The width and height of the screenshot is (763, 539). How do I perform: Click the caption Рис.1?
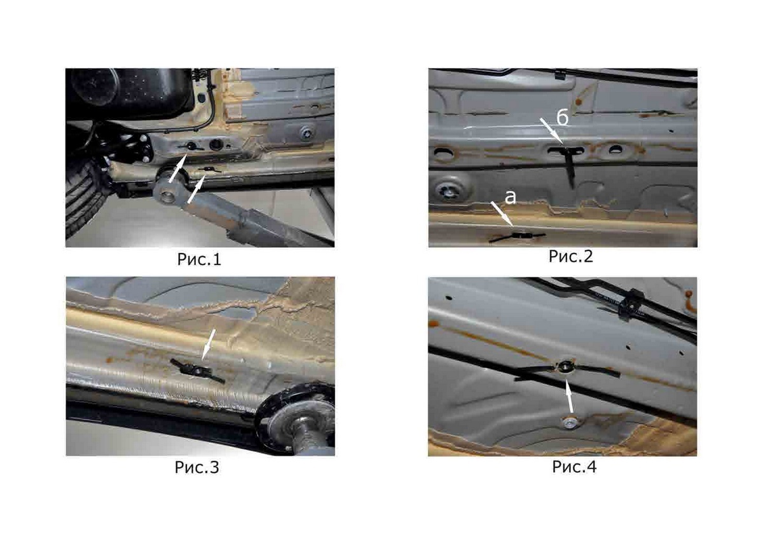[x=199, y=259]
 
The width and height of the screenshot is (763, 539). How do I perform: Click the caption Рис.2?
[x=571, y=256]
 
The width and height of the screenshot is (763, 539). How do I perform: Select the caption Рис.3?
[x=197, y=467]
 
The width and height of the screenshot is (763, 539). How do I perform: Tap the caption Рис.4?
[x=574, y=467]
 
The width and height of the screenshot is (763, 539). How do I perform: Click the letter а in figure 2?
[x=510, y=198]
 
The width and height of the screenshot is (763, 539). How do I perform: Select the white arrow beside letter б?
[x=551, y=132]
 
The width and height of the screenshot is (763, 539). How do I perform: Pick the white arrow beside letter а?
[x=502, y=214]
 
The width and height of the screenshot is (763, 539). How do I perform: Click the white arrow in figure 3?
[x=208, y=345]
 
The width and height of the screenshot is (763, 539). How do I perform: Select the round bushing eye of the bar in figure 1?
[x=168, y=196]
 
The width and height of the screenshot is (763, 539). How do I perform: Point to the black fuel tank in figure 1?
[x=130, y=93]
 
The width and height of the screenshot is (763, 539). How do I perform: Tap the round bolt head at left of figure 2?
[x=450, y=191]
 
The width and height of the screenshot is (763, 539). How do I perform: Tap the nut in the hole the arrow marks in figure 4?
[x=567, y=367]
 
